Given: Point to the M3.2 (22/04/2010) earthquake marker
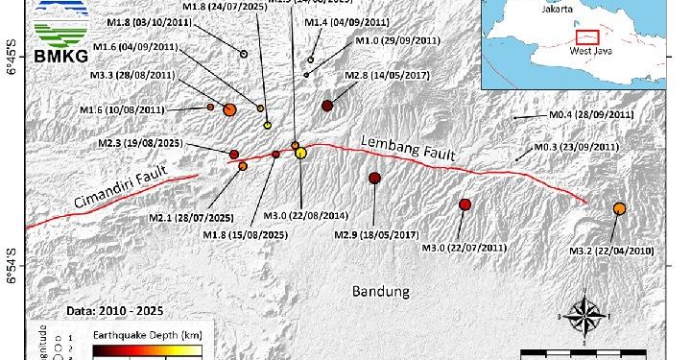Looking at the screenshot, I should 619,208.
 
